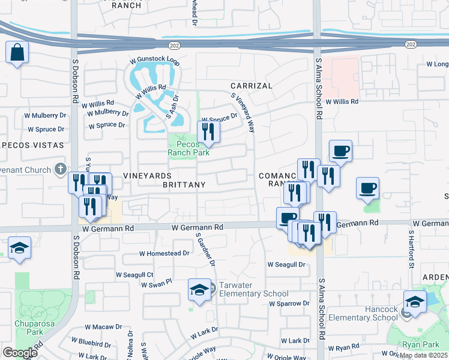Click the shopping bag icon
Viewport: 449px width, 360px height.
pyautogui.click(x=18, y=52)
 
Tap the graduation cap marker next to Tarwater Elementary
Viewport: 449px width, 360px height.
pyautogui.click(x=199, y=290)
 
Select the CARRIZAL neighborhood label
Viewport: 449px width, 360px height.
pyautogui.click(x=252, y=86)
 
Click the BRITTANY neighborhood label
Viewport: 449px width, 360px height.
pyautogui.click(x=184, y=185)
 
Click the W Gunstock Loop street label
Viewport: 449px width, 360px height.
pyautogui.click(x=155, y=61)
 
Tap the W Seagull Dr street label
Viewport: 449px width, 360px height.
pyautogui.click(x=288, y=265)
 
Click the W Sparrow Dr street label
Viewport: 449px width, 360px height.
pyautogui.click(x=289, y=304)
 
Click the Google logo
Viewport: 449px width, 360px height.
pyautogui.click(x=20, y=353)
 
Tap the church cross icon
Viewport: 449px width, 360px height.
pyautogui.click(x=60, y=169)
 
